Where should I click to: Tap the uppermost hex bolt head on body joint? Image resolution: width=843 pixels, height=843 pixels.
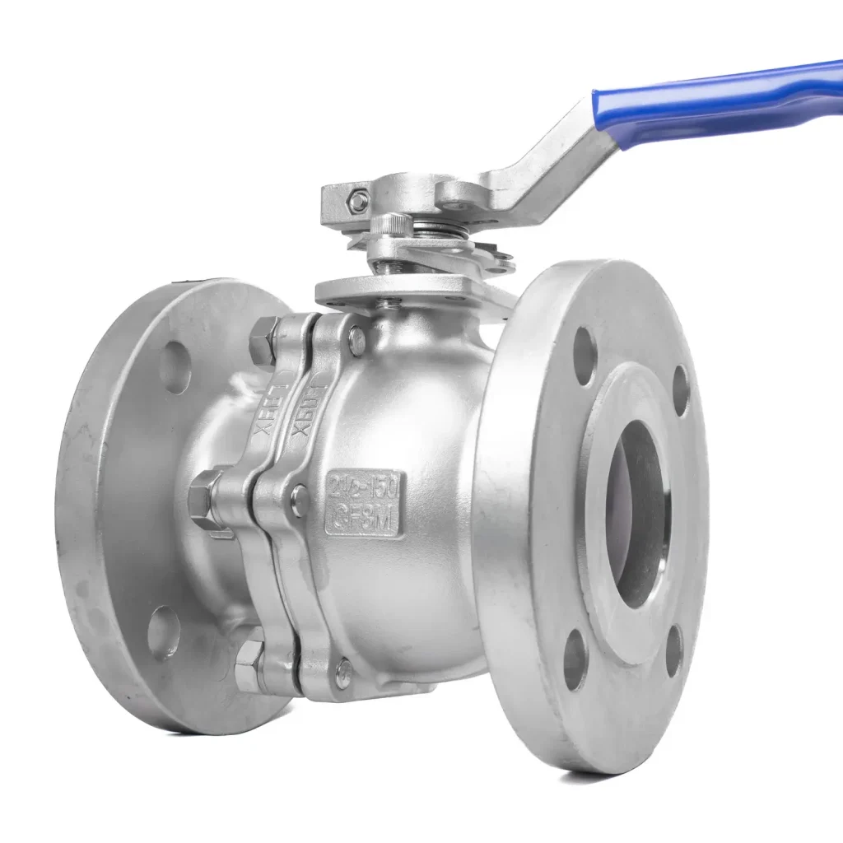pos(263,341)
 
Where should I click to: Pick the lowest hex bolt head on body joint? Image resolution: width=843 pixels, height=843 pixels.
pos(249,664)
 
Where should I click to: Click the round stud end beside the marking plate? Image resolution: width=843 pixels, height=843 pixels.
pos(300,501)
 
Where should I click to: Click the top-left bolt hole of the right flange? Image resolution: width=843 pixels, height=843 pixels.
pos(584,356)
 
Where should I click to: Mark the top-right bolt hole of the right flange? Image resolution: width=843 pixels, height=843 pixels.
pos(681,389)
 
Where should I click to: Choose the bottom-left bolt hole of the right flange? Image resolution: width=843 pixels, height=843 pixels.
pos(575,659)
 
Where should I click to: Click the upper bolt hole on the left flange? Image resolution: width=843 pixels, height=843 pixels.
pos(175,367)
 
